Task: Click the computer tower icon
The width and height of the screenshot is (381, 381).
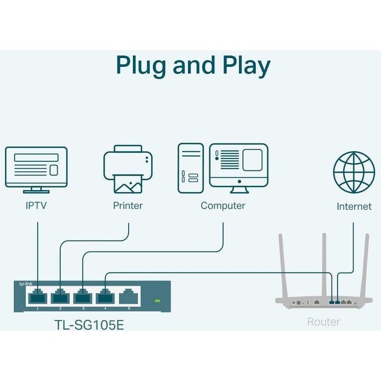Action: (190, 168)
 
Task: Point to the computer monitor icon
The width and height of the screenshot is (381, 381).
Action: (239, 165)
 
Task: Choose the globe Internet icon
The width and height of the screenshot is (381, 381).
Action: (354, 172)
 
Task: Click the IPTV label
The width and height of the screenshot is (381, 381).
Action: (36, 206)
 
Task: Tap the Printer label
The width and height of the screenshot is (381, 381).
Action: (128, 206)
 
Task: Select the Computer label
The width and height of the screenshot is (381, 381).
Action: (223, 206)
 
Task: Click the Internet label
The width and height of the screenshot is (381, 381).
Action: (354, 207)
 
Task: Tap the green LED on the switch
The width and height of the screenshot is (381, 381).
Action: (157, 301)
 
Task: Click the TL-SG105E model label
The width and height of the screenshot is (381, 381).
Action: (90, 325)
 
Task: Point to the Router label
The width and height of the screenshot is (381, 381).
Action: (323, 322)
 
